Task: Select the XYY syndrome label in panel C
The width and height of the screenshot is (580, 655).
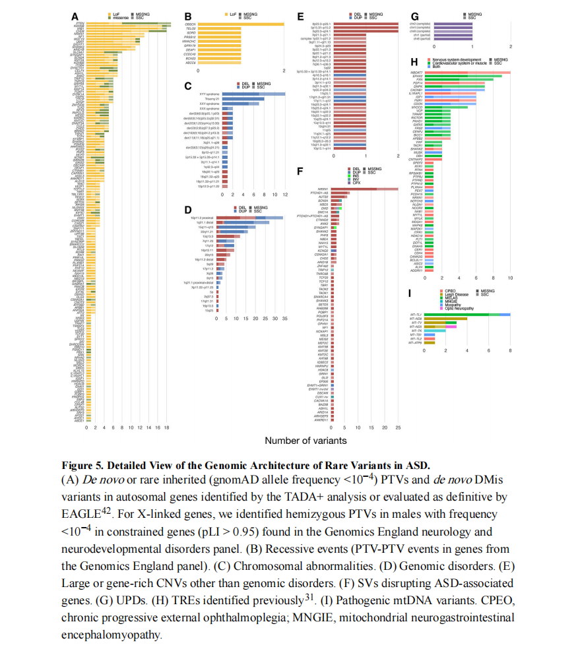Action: click(x=209, y=94)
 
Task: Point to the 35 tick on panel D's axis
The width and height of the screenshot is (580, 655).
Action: click(x=283, y=318)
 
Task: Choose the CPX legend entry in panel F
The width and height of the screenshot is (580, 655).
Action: click(x=352, y=183)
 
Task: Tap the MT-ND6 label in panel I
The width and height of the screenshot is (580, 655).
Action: click(x=415, y=319)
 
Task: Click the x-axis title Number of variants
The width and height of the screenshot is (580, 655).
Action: click(x=305, y=440)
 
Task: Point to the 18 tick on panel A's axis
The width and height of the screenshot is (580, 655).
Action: click(x=167, y=427)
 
